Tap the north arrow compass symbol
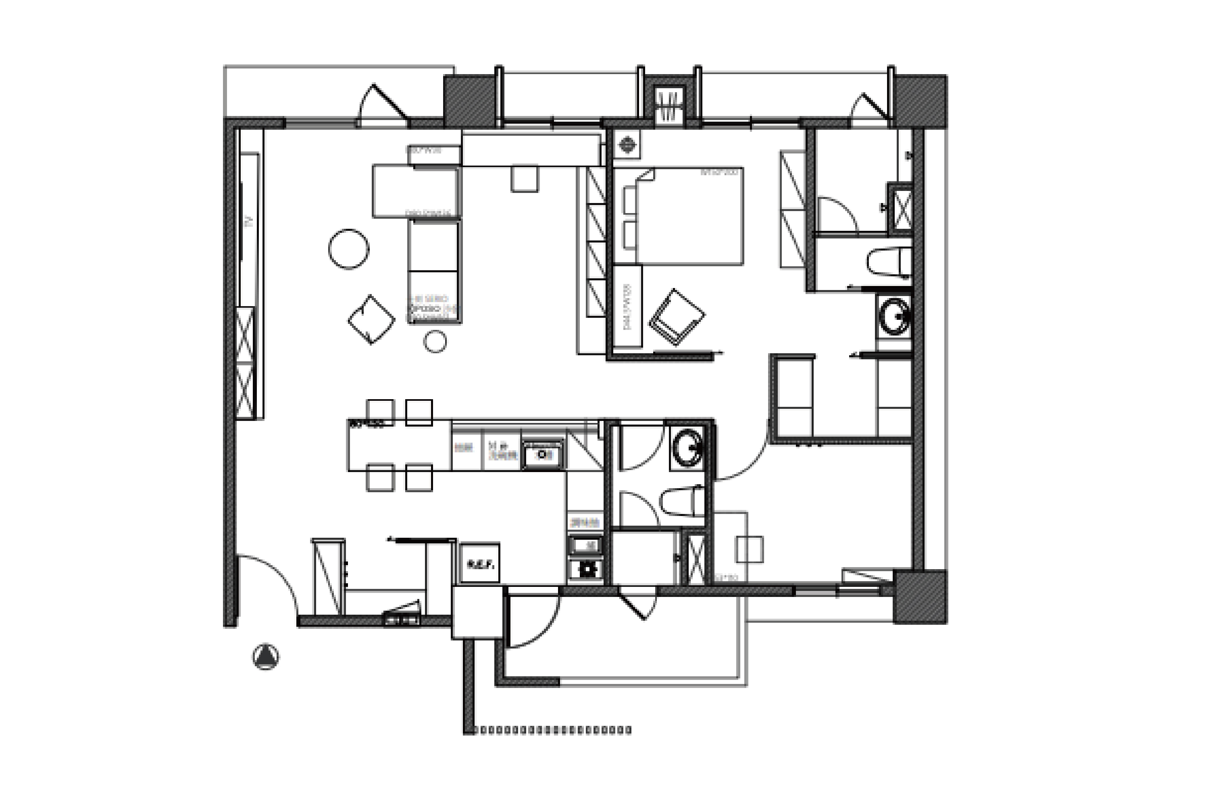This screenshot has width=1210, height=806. pos(266,657)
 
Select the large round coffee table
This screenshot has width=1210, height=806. pos(349,249)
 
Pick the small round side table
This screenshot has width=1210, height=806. pos(435,342)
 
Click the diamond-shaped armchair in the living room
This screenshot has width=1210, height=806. pos(371,320)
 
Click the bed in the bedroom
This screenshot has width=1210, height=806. pos(689,216)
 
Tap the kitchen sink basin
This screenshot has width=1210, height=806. pos(543,454)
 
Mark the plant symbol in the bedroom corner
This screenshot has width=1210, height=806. pos(627,145)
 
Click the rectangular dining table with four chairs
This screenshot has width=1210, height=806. pos(399,445)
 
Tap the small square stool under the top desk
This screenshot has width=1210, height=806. pos(524,178)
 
